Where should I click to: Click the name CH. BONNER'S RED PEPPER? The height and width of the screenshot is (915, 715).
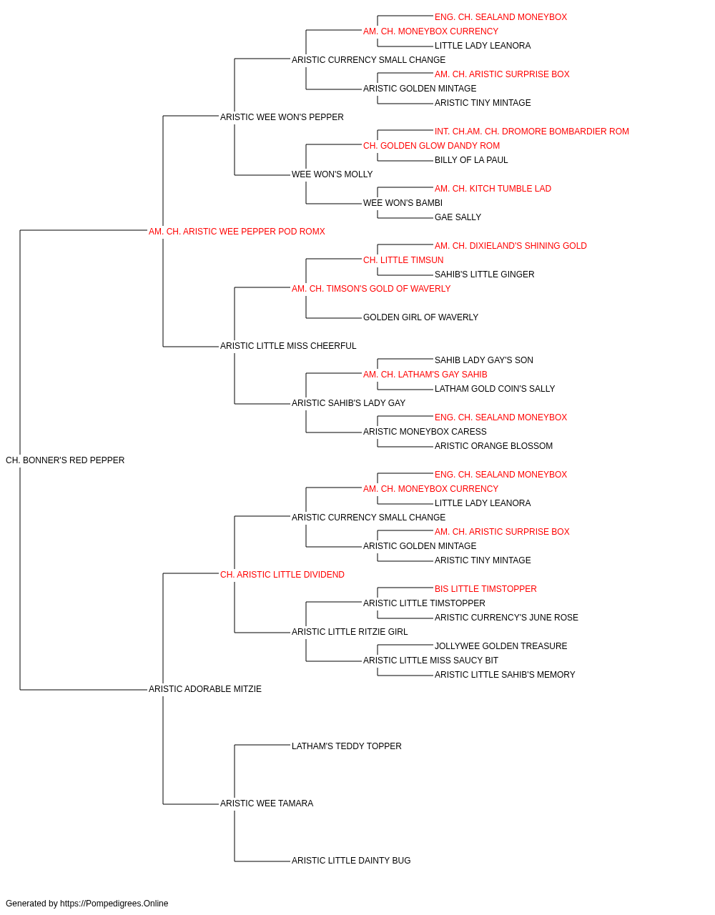tap(65, 460)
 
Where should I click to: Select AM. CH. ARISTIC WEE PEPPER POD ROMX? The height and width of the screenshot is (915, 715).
tap(237, 232)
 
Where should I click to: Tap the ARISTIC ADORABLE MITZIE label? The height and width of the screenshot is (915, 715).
tap(205, 689)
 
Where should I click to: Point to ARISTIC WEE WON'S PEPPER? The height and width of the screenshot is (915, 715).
tap(282, 117)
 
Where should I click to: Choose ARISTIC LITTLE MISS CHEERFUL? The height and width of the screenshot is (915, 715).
tap(288, 346)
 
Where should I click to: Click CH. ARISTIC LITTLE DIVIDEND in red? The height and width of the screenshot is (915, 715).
tap(282, 575)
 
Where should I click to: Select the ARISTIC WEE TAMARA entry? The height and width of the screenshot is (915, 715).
tap(267, 803)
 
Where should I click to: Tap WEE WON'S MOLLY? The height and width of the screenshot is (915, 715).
tap(332, 174)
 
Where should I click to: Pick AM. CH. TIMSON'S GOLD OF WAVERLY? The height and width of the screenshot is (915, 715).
tap(371, 289)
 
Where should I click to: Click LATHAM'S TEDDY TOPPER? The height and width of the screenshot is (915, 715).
tap(347, 746)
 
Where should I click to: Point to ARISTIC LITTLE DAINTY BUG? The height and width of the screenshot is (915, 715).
tap(351, 861)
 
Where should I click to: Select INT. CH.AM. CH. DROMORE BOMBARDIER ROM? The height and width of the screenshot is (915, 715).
tap(532, 132)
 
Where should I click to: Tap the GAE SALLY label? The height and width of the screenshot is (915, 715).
tap(458, 217)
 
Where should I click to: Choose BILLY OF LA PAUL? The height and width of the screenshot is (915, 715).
tap(471, 160)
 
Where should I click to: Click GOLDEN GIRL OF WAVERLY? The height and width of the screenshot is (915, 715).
tap(420, 317)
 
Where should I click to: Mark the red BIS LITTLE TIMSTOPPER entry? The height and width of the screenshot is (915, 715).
tap(485, 589)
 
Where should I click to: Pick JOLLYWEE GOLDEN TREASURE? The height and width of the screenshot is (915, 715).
tap(500, 646)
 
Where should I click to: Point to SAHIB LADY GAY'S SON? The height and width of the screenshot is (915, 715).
tap(484, 360)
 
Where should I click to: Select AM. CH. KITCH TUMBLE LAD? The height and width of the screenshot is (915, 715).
tap(493, 189)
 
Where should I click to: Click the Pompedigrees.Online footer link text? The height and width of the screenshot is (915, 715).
tap(114, 904)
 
